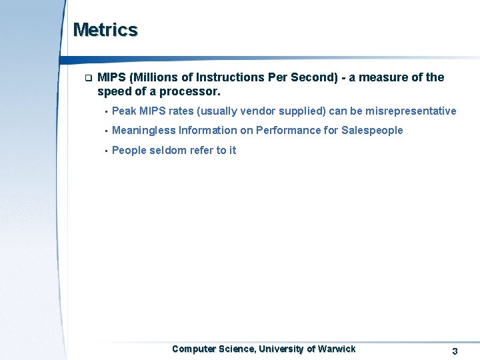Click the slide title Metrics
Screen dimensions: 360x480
pos(105,30)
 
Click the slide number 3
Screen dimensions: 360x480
pos(455,351)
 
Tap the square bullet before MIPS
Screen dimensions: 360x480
pos(87,77)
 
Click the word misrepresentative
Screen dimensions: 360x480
pos(411,111)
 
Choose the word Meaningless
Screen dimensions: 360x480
pos(143,131)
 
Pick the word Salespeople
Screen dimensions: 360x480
pos(372,131)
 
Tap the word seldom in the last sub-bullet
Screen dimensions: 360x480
pos(167,151)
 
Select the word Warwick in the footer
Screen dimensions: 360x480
pos(337,349)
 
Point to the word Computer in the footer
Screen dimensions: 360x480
pos(193,349)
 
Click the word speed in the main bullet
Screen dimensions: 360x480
pos(113,91)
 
